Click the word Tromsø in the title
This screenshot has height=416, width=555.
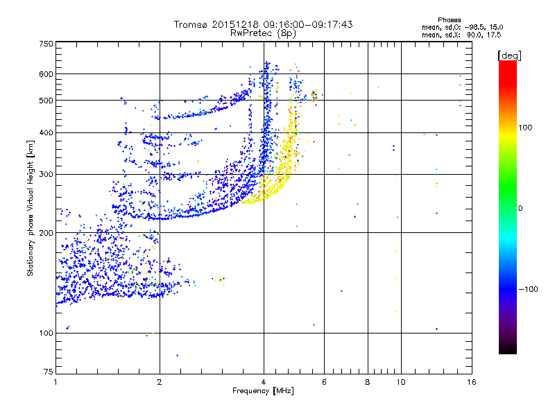click(191, 24)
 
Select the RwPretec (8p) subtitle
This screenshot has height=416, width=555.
click(263, 33)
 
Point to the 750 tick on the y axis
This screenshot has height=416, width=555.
click(46, 44)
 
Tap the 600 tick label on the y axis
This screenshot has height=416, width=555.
click(46, 74)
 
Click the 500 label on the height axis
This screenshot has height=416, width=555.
click(46, 101)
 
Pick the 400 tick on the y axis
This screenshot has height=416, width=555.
click(46, 132)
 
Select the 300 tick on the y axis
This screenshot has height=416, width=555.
click(46, 174)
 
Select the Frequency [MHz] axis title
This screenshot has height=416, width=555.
click(263, 391)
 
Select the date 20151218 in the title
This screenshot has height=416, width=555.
click(241, 24)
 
